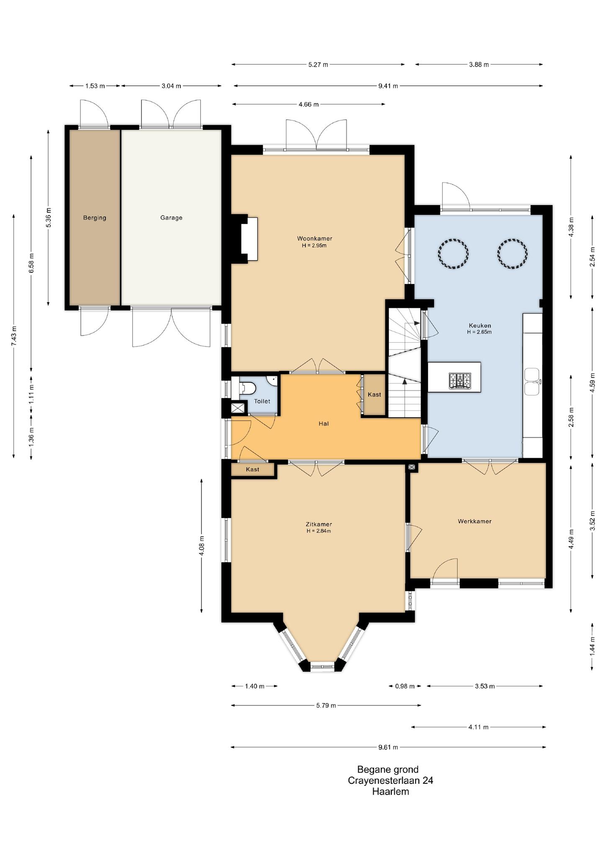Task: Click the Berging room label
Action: click(95, 218)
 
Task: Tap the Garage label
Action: click(171, 218)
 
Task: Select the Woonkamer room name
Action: click(315, 239)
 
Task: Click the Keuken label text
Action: click(480, 325)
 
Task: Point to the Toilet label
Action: click(262, 401)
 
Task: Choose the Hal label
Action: click(324, 423)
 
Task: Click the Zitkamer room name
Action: click(319, 524)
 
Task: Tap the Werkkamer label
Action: click(475, 521)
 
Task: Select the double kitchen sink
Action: click(532, 382)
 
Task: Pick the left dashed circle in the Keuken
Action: click(453, 254)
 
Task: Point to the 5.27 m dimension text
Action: click(318, 64)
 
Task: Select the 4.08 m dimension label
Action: click(202, 546)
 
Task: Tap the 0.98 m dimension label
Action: click(405, 686)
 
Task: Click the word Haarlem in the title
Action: click(390, 792)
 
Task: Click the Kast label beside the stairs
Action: click(375, 395)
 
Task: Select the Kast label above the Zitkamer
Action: click(252, 470)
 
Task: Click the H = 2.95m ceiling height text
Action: click(314, 246)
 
